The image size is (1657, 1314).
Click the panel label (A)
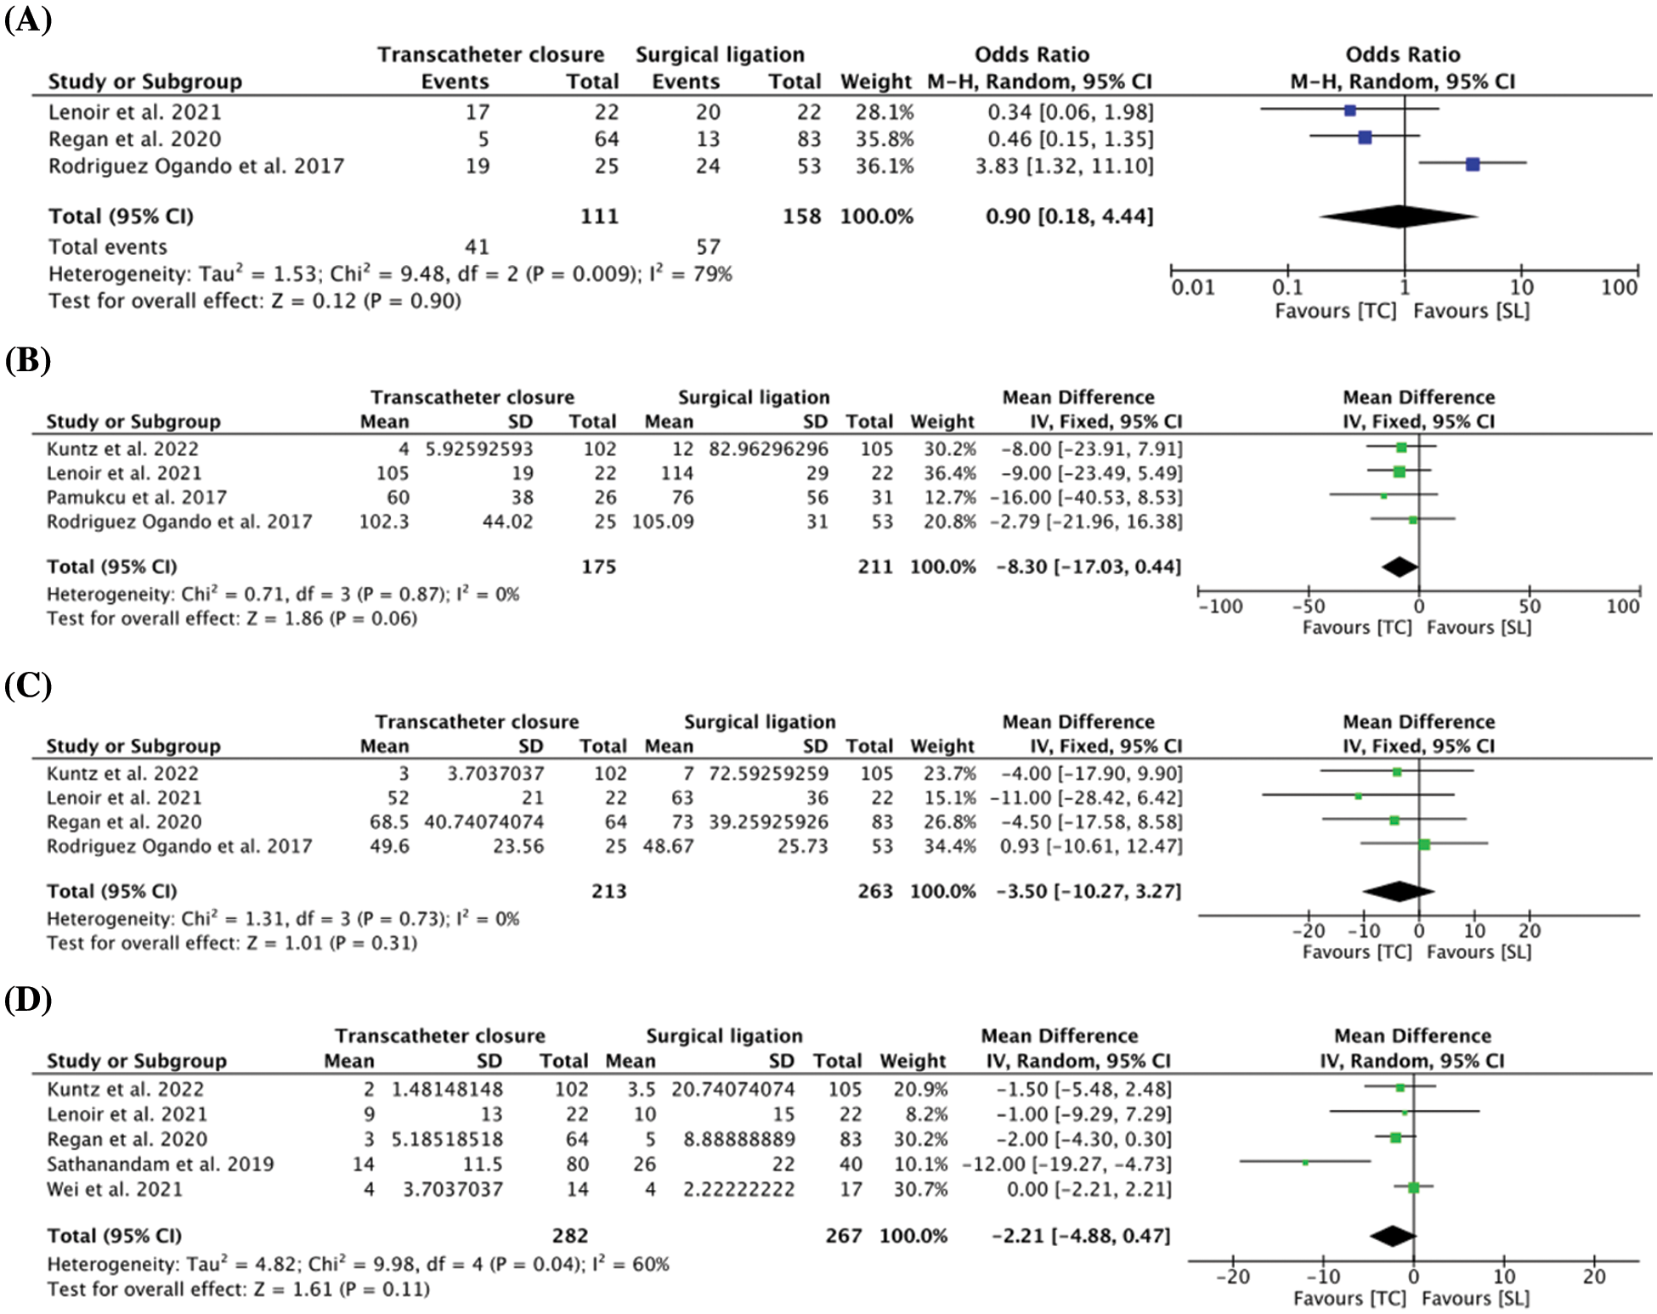pos(28,19)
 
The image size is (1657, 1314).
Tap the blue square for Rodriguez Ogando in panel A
pos(1473,164)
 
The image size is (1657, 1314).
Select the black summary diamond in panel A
pos(1399,217)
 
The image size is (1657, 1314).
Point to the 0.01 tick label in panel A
pos(1192,287)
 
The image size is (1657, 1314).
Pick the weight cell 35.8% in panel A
pos(884,138)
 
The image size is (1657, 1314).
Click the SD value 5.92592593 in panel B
pos(479,448)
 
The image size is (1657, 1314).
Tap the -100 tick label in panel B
pos(1220,606)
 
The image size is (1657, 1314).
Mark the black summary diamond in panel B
pos(1400,567)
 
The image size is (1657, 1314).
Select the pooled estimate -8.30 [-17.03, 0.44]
pos(1089,567)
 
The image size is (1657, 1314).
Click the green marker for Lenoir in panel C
pos(1358,797)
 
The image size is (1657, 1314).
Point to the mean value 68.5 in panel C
pos(390,821)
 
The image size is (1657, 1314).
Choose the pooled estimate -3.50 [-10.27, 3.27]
pos(1089,891)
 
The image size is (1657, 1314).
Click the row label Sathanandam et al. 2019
pos(161,1164)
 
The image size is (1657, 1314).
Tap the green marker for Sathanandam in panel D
pos(1305,1162)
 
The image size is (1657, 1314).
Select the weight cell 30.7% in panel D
pos(921,1188)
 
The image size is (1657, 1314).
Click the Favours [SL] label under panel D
pos(1475,1298)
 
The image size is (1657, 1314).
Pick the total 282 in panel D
pos(569,1235)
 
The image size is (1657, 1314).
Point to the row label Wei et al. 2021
pos(115,1188)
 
